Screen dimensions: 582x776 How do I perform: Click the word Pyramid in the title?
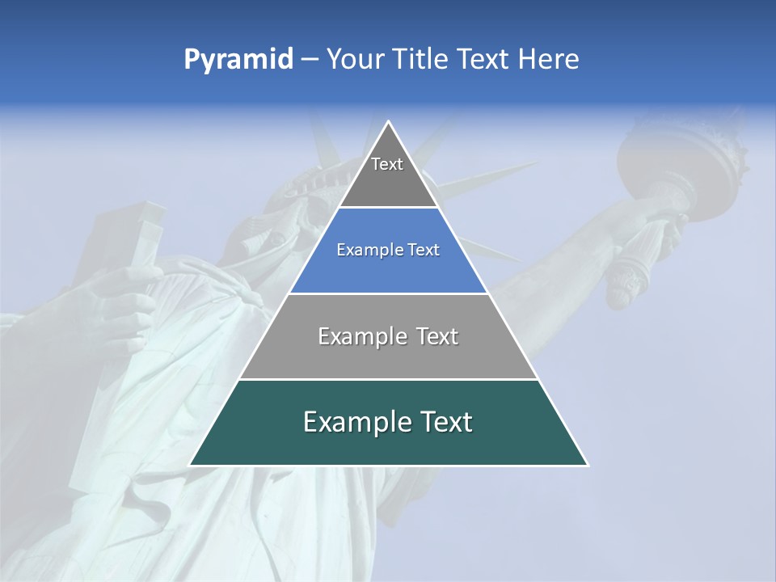(x=238, y=60)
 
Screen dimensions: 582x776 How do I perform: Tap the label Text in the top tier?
(x=387, y=164)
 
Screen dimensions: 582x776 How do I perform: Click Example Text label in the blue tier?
(x=388, y=250)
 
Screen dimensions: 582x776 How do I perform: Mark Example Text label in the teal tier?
(x=388, y=422)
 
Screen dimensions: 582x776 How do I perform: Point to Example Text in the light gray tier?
(x=388, y=336)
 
